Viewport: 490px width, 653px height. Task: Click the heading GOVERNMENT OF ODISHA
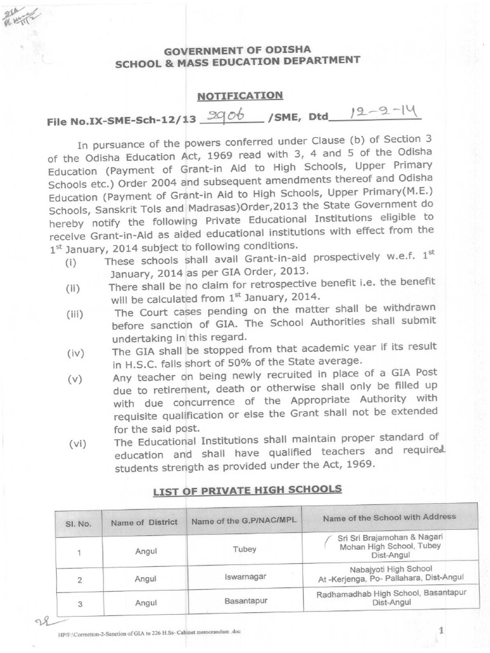pos(238,50)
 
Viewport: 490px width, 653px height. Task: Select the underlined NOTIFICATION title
pos(239,96)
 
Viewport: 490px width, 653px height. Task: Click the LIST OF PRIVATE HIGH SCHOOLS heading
pos(248,490)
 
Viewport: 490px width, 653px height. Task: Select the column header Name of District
pos(144,522)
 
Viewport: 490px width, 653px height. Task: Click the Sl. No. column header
pos(78,523)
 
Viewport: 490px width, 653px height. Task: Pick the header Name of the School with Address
pos(389,517)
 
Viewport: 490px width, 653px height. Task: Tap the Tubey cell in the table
pos(244,549)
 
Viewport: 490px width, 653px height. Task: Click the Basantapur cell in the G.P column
pos(244,601)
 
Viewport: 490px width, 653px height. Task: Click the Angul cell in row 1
pos(145,550)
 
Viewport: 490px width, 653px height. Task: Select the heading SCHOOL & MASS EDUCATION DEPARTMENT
pos(237,62)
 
